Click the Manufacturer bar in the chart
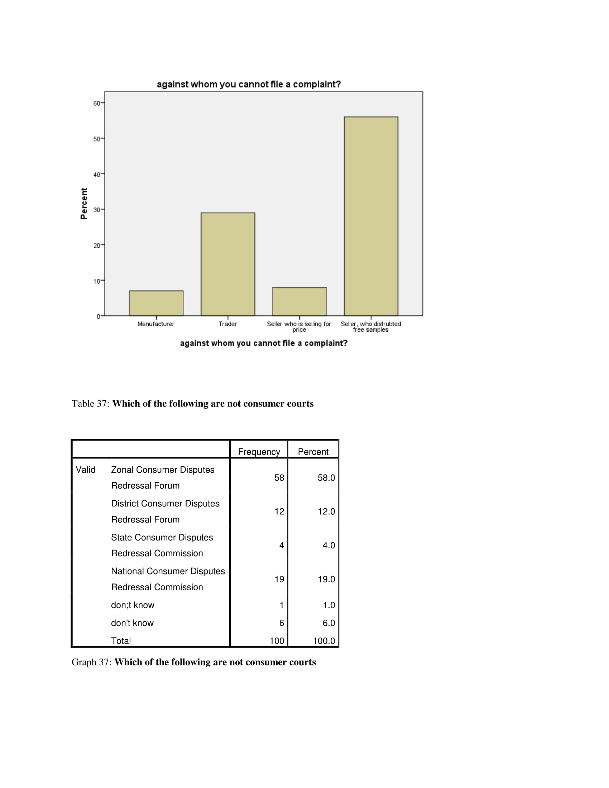point(156,303)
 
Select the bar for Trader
point(227,264)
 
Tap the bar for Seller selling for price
point(299,301)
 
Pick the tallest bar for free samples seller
point(371,216)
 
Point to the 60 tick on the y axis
point(97,103)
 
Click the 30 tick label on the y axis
point(97,210)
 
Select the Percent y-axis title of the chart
point(84,203)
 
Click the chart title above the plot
point(249,85)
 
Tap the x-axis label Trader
point(227,324)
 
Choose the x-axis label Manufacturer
point(156,324)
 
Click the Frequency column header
point(259,452)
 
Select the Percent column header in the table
point(313,452)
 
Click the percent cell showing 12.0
point(326,511)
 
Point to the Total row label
point(121,641)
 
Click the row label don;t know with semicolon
point(133,605)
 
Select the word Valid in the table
point(86,470)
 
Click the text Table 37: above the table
point(90,403)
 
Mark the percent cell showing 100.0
point(323,641)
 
